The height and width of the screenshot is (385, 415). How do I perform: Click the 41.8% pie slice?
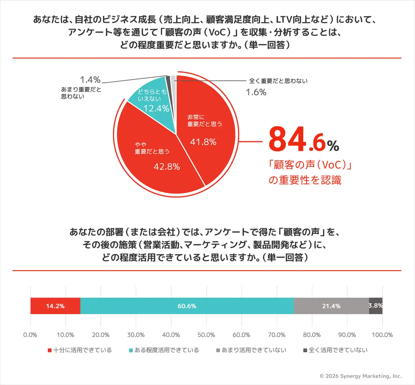207,136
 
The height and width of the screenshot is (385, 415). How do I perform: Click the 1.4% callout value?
90,80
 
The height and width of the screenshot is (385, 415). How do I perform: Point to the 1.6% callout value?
256,92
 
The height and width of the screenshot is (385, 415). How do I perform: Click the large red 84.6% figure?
303,140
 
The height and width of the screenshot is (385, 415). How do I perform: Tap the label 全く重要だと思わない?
278,81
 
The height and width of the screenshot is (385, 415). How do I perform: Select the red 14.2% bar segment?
55,306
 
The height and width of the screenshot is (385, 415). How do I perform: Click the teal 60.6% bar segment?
187,306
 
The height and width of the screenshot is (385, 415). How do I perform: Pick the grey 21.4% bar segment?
331,306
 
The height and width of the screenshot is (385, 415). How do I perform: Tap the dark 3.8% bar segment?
376,306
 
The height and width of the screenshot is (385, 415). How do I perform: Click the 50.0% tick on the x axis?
206,335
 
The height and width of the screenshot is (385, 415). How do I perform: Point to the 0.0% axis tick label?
30,335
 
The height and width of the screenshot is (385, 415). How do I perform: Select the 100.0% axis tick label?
382,335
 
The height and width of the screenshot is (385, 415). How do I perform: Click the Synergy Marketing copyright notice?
361,376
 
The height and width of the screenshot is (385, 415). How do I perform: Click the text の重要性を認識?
305,180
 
